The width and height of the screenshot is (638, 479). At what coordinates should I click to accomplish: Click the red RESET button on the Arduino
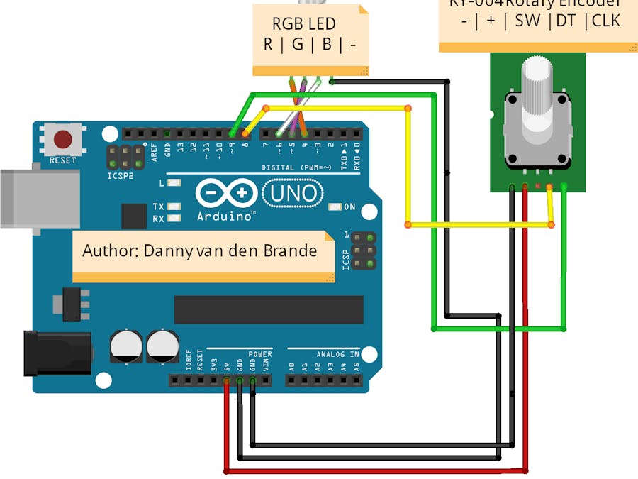[x=63, y=138]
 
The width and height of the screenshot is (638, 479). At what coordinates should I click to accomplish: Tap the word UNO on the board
[x=293, y=192]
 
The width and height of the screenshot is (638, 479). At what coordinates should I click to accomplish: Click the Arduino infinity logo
[x=226, y=192]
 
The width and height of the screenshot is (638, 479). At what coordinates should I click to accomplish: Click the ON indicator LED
[x=334, y=207]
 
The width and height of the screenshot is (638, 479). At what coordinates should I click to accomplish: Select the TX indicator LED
[x=172, y=207]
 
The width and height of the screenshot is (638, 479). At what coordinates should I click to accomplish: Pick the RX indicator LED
[x=172, y=219]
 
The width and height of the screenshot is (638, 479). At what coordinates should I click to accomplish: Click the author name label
[x=200, y=251]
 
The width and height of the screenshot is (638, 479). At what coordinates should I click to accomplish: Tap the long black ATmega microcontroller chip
[x=269, y=309]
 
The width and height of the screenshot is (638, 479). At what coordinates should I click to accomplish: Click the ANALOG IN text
[x=333, y=353]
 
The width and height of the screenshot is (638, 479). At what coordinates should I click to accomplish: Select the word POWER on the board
[x=260, y=353]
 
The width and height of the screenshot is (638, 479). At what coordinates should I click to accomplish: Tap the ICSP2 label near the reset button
[x=120, y=175]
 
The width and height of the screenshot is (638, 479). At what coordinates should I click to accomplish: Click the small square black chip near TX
[x=134, y=216]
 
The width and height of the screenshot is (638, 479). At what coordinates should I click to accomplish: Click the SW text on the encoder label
[x=527, y=21]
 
